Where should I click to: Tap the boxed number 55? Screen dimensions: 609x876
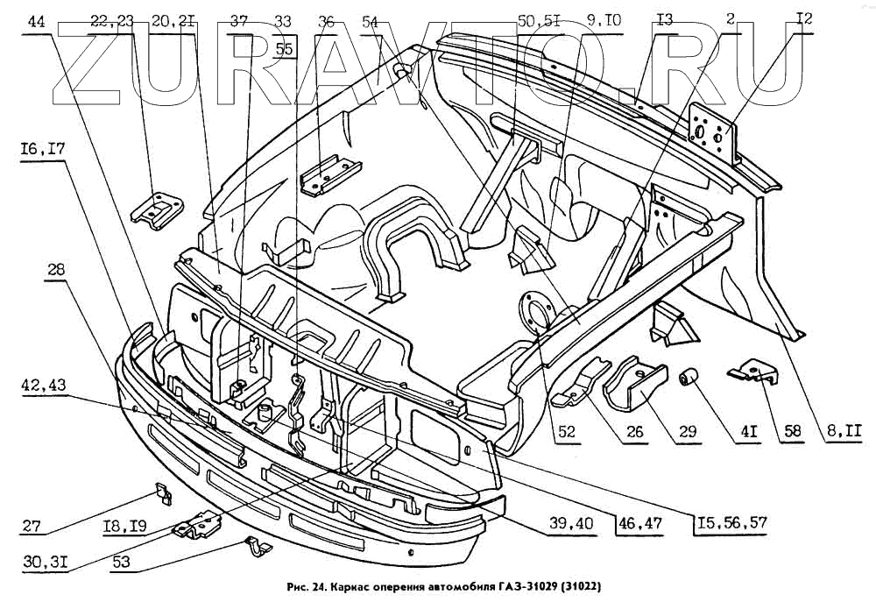pyautogui.click(x=284, y=49)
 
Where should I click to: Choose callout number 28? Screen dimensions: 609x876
pyautogui.click(x=57, y=273)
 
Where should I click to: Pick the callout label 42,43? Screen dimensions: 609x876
pyautogui.click(x=43, y=386)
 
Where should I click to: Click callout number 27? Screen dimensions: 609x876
pyautogui.click(x=33, y=527)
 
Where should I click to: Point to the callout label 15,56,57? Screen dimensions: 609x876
pyautogui.click(x=731, y=524)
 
